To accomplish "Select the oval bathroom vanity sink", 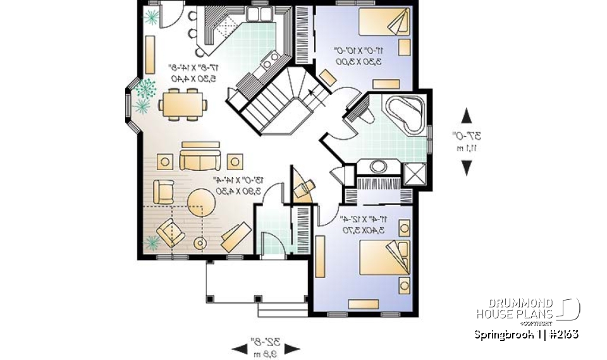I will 379,167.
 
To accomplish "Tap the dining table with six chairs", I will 183,104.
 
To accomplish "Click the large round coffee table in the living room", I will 202,203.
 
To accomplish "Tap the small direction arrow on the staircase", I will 310,93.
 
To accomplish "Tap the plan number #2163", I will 560,334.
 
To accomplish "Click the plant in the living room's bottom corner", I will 152,242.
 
